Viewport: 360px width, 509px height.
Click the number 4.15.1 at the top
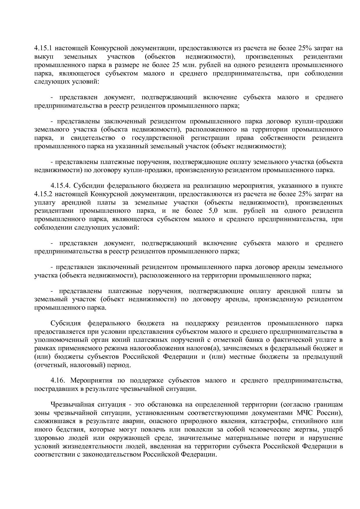coord(44,48)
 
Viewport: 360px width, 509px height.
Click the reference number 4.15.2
coord(44,194)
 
